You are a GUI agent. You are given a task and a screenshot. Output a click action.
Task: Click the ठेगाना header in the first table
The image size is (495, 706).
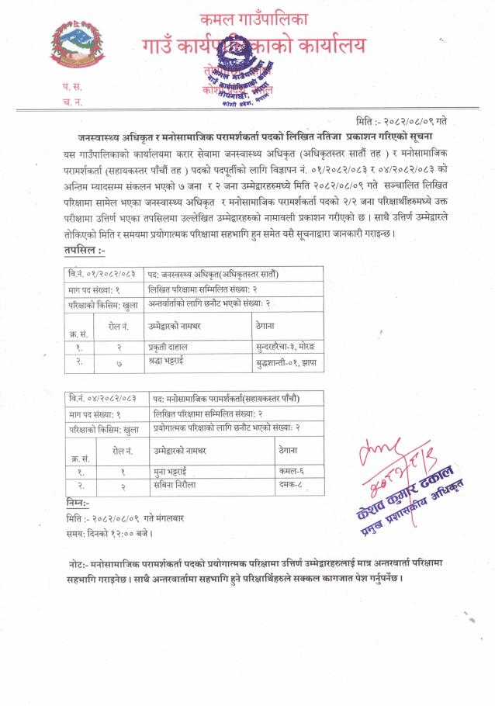point(265,326)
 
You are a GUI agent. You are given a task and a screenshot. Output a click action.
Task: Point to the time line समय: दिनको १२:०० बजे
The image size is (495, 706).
point(109,534)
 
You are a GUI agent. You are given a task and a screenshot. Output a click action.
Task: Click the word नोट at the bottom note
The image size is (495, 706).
point(77,562)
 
